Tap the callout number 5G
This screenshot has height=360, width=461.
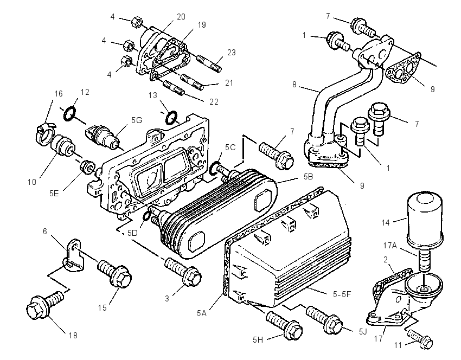137,120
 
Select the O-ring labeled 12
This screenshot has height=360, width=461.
69,113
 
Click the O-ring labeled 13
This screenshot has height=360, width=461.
171,117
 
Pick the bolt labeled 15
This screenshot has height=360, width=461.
114,272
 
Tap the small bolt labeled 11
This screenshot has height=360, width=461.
420,340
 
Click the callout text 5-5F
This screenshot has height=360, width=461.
342,294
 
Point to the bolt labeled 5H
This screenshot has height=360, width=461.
284,325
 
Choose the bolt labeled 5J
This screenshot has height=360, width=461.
324,320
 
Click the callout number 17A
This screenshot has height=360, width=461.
390,245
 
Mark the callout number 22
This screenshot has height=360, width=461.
214,101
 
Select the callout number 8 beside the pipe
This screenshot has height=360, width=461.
294,85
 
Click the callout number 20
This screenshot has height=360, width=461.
181,16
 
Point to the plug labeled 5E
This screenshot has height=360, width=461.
88,168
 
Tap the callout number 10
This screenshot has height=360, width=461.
32,182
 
